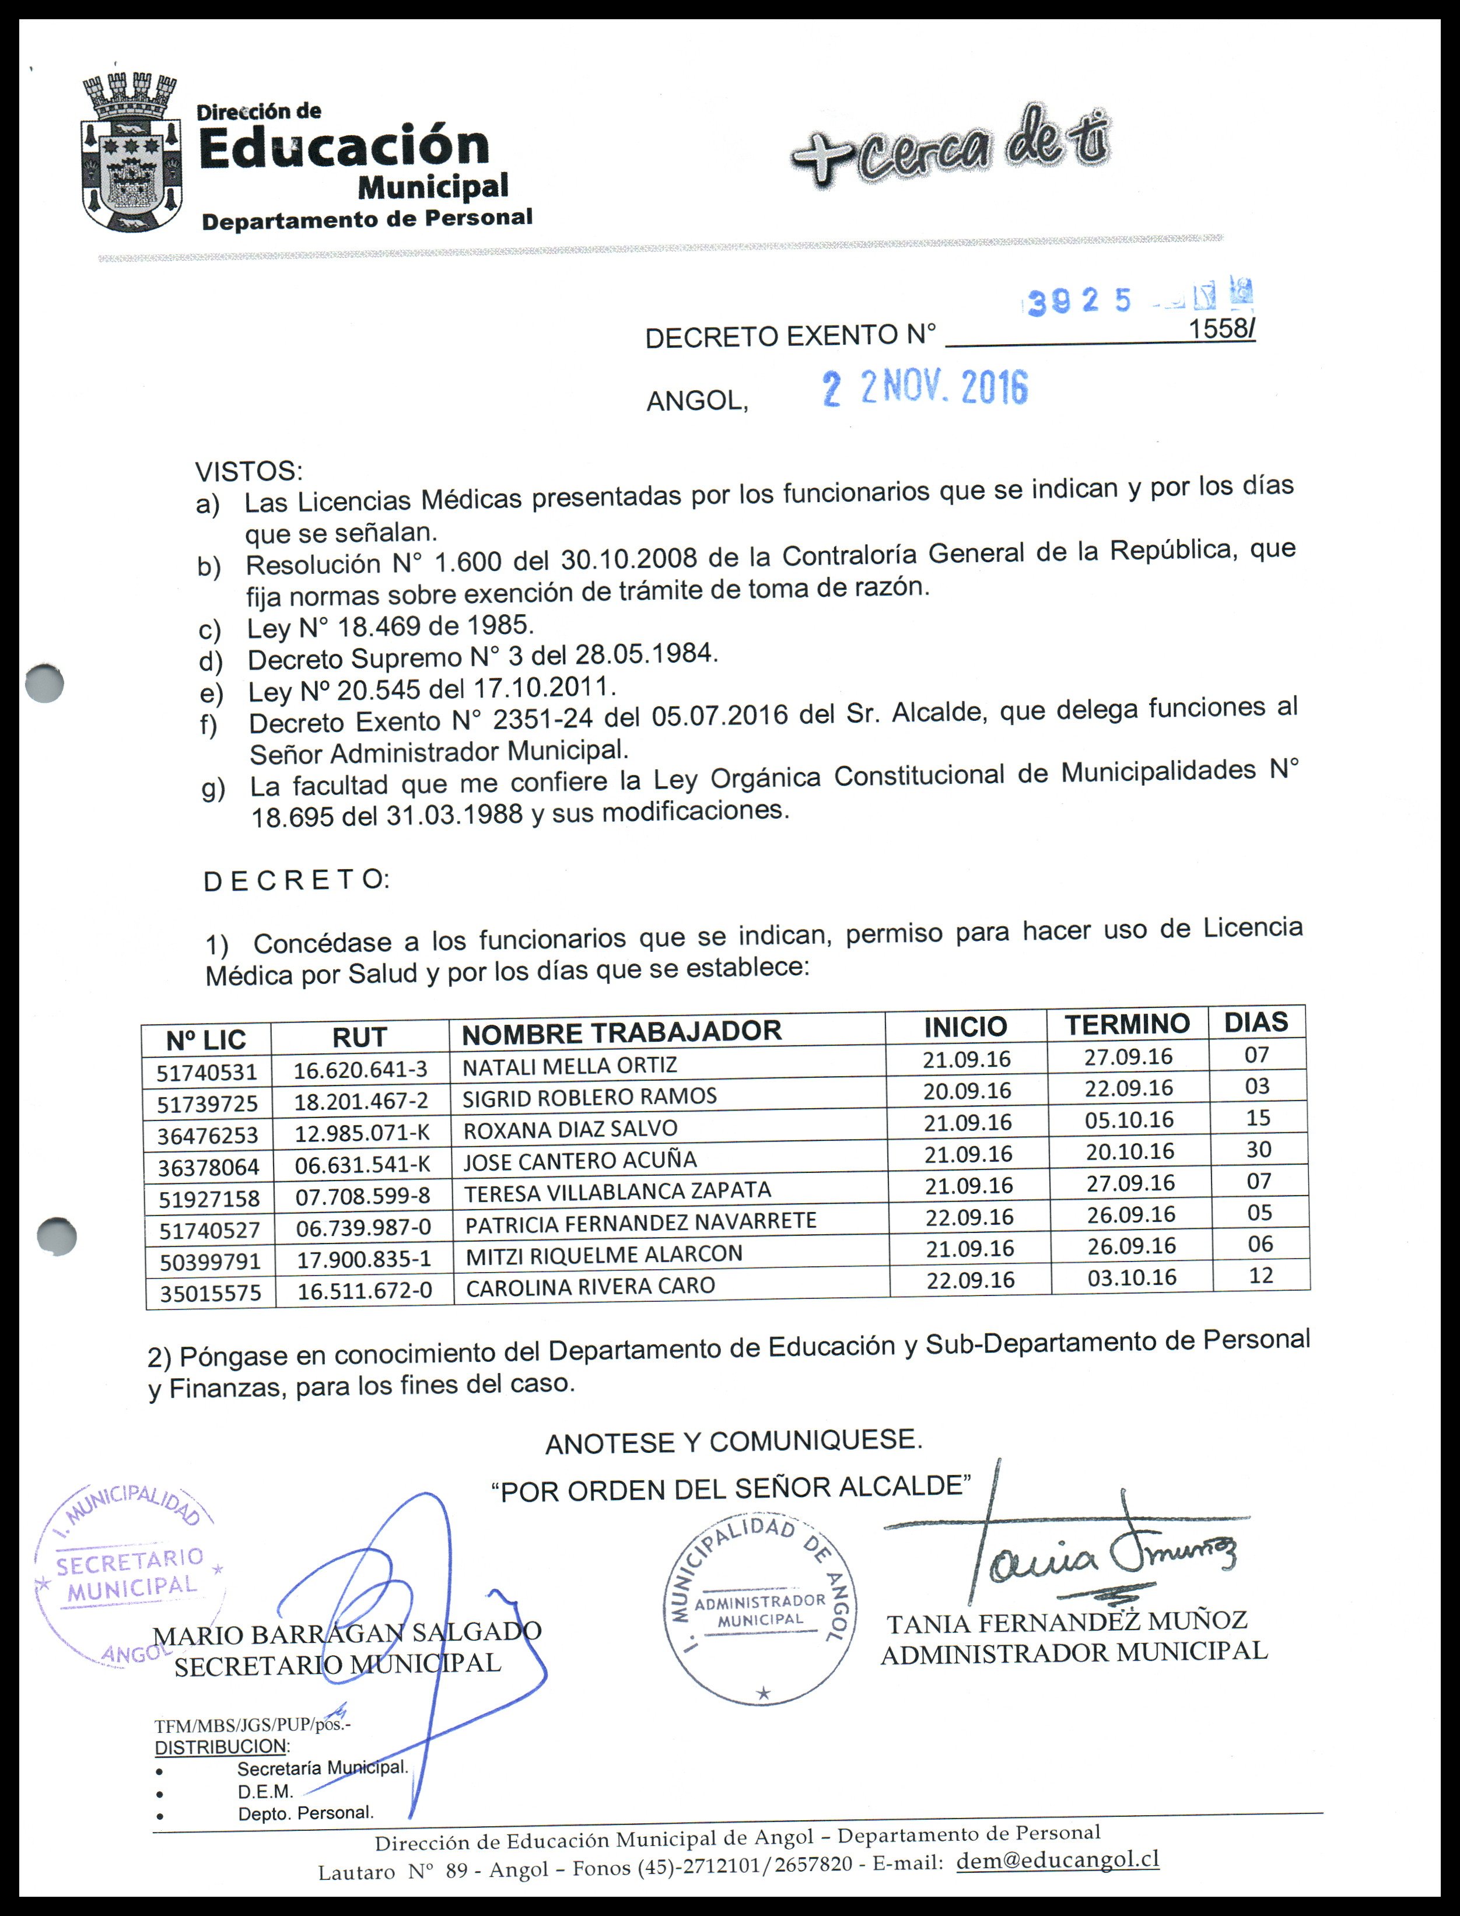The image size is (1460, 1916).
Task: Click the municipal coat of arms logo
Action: pyautogui.click(x=132, y=154)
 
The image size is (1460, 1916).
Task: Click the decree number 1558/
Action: pyautogui.click(x=1221, y=330)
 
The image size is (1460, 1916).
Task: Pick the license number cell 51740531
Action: pyautogui.click(x=207, y=1072)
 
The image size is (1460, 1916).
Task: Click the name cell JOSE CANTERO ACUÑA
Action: pyautogui.click(x=580, y=1161)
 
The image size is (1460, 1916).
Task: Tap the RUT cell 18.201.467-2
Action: pyautogui.click(x=360, y=1102)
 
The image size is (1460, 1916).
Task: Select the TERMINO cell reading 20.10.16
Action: pyautogui.click(x=1130, y=1152)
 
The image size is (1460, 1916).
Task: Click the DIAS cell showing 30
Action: pyautogui.click(x=1258, y=1150)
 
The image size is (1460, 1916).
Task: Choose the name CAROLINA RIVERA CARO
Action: pyautogui.click(x=590, y=1287)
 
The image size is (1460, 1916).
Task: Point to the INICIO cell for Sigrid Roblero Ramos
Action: pyautogui.click(x=967, y=1091)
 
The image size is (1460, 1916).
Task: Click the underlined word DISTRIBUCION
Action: pyautogui.click(x=220, y=1746)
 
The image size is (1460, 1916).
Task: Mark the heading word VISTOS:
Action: pyautogui.click(x=248, y=472)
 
